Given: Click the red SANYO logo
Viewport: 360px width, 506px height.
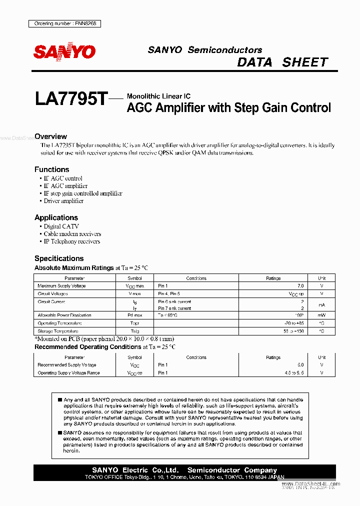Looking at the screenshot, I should tap(64, 51).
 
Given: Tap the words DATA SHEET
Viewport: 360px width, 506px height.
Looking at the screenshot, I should tap(282, 62).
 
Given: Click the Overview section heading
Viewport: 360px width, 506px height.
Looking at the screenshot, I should tap(50, 136).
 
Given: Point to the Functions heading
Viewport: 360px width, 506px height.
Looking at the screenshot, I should tap(51, 169).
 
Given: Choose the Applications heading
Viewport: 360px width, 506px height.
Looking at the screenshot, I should tap(56, 217).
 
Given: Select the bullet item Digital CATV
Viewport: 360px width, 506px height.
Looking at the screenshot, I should tap(61, 226).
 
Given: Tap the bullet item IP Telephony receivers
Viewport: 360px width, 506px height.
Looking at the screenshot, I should tap(71, 241).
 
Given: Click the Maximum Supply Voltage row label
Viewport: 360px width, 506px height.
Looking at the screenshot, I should tap(61, 286).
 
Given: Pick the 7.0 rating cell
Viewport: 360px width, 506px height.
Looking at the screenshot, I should tap(300, 286).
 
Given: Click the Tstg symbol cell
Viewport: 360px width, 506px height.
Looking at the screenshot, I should tap(134, 331).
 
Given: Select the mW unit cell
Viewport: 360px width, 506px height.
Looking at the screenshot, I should tap(322, 315).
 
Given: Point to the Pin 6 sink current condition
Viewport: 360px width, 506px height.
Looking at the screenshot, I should tap(174, 301).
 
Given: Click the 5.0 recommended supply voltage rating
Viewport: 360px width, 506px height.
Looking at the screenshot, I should tap(300, 365).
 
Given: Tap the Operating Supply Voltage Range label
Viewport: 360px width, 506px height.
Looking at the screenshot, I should tap(68, 373).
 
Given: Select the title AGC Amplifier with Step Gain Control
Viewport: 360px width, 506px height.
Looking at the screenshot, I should tap(229, 107).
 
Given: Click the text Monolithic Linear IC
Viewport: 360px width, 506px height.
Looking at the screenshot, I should tap(158, 96).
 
